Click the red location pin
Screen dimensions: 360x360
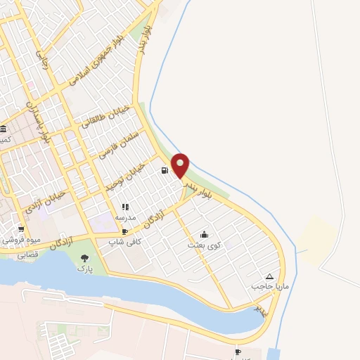pyautogui.click(x=181, y=165)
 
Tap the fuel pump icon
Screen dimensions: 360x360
pyautogui.click(x=165, y=170)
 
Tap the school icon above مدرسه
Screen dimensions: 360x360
pyautogui.click(x=126, y=207)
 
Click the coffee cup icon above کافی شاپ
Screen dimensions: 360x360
pyautogui.click(x=124, y=231)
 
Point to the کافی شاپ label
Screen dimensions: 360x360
pyautogui.click(x=124, y=241)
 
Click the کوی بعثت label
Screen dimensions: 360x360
pyautogui.click(x=204, y=245)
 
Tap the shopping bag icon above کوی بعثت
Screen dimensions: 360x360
pyautogui.click(x=204, y=234)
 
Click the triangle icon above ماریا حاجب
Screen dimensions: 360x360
pyautogui.click(x=270, y=276)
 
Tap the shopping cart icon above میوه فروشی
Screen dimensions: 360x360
pyautogui.click(x=21, y=229)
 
